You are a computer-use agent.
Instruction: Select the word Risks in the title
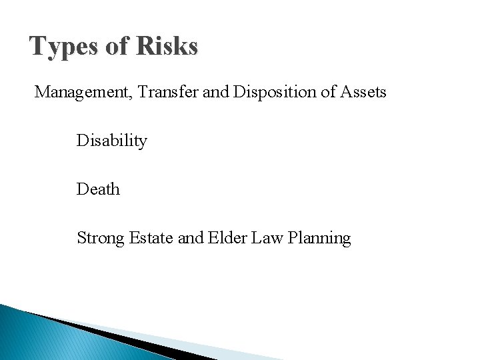168,46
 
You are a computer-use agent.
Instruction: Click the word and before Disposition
217,92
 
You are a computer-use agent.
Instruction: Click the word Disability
111,141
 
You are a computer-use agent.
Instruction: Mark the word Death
98,189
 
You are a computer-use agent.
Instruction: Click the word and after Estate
189,237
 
